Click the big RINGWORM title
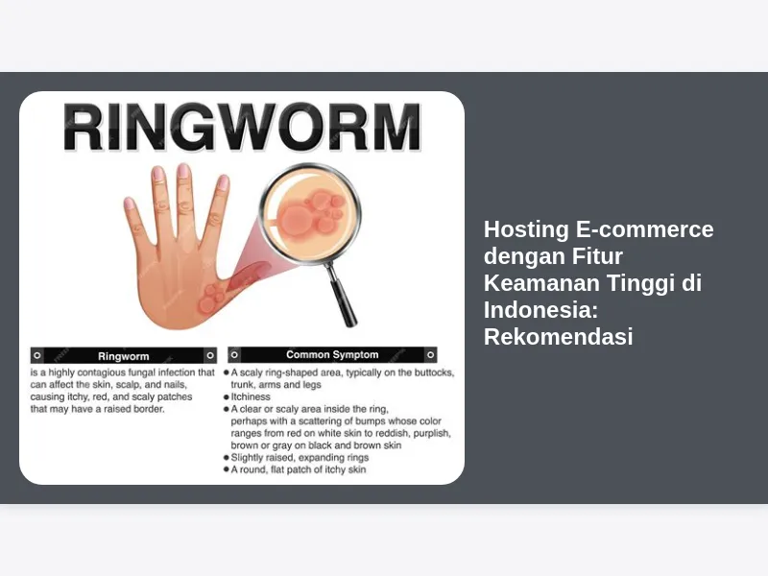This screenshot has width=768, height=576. (242, 128)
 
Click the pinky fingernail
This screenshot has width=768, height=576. (130, 204)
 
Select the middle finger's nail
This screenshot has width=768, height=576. (183, 171)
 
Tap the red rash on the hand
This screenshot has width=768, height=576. (211, 299)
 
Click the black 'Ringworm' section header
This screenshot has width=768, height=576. (124, 355)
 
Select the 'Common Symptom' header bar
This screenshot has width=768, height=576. (332, 354)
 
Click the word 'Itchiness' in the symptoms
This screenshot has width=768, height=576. (251, 396)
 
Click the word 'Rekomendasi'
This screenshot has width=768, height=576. (559, 337)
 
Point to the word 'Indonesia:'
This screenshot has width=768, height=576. (540, 309)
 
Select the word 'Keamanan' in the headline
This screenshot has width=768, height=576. (541, 283)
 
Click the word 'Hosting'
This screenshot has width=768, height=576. (526, 229)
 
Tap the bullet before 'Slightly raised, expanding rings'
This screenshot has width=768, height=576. (227, 458)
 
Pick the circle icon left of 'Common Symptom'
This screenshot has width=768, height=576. (234, 354)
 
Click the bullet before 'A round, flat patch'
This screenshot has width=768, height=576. (227, 469)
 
